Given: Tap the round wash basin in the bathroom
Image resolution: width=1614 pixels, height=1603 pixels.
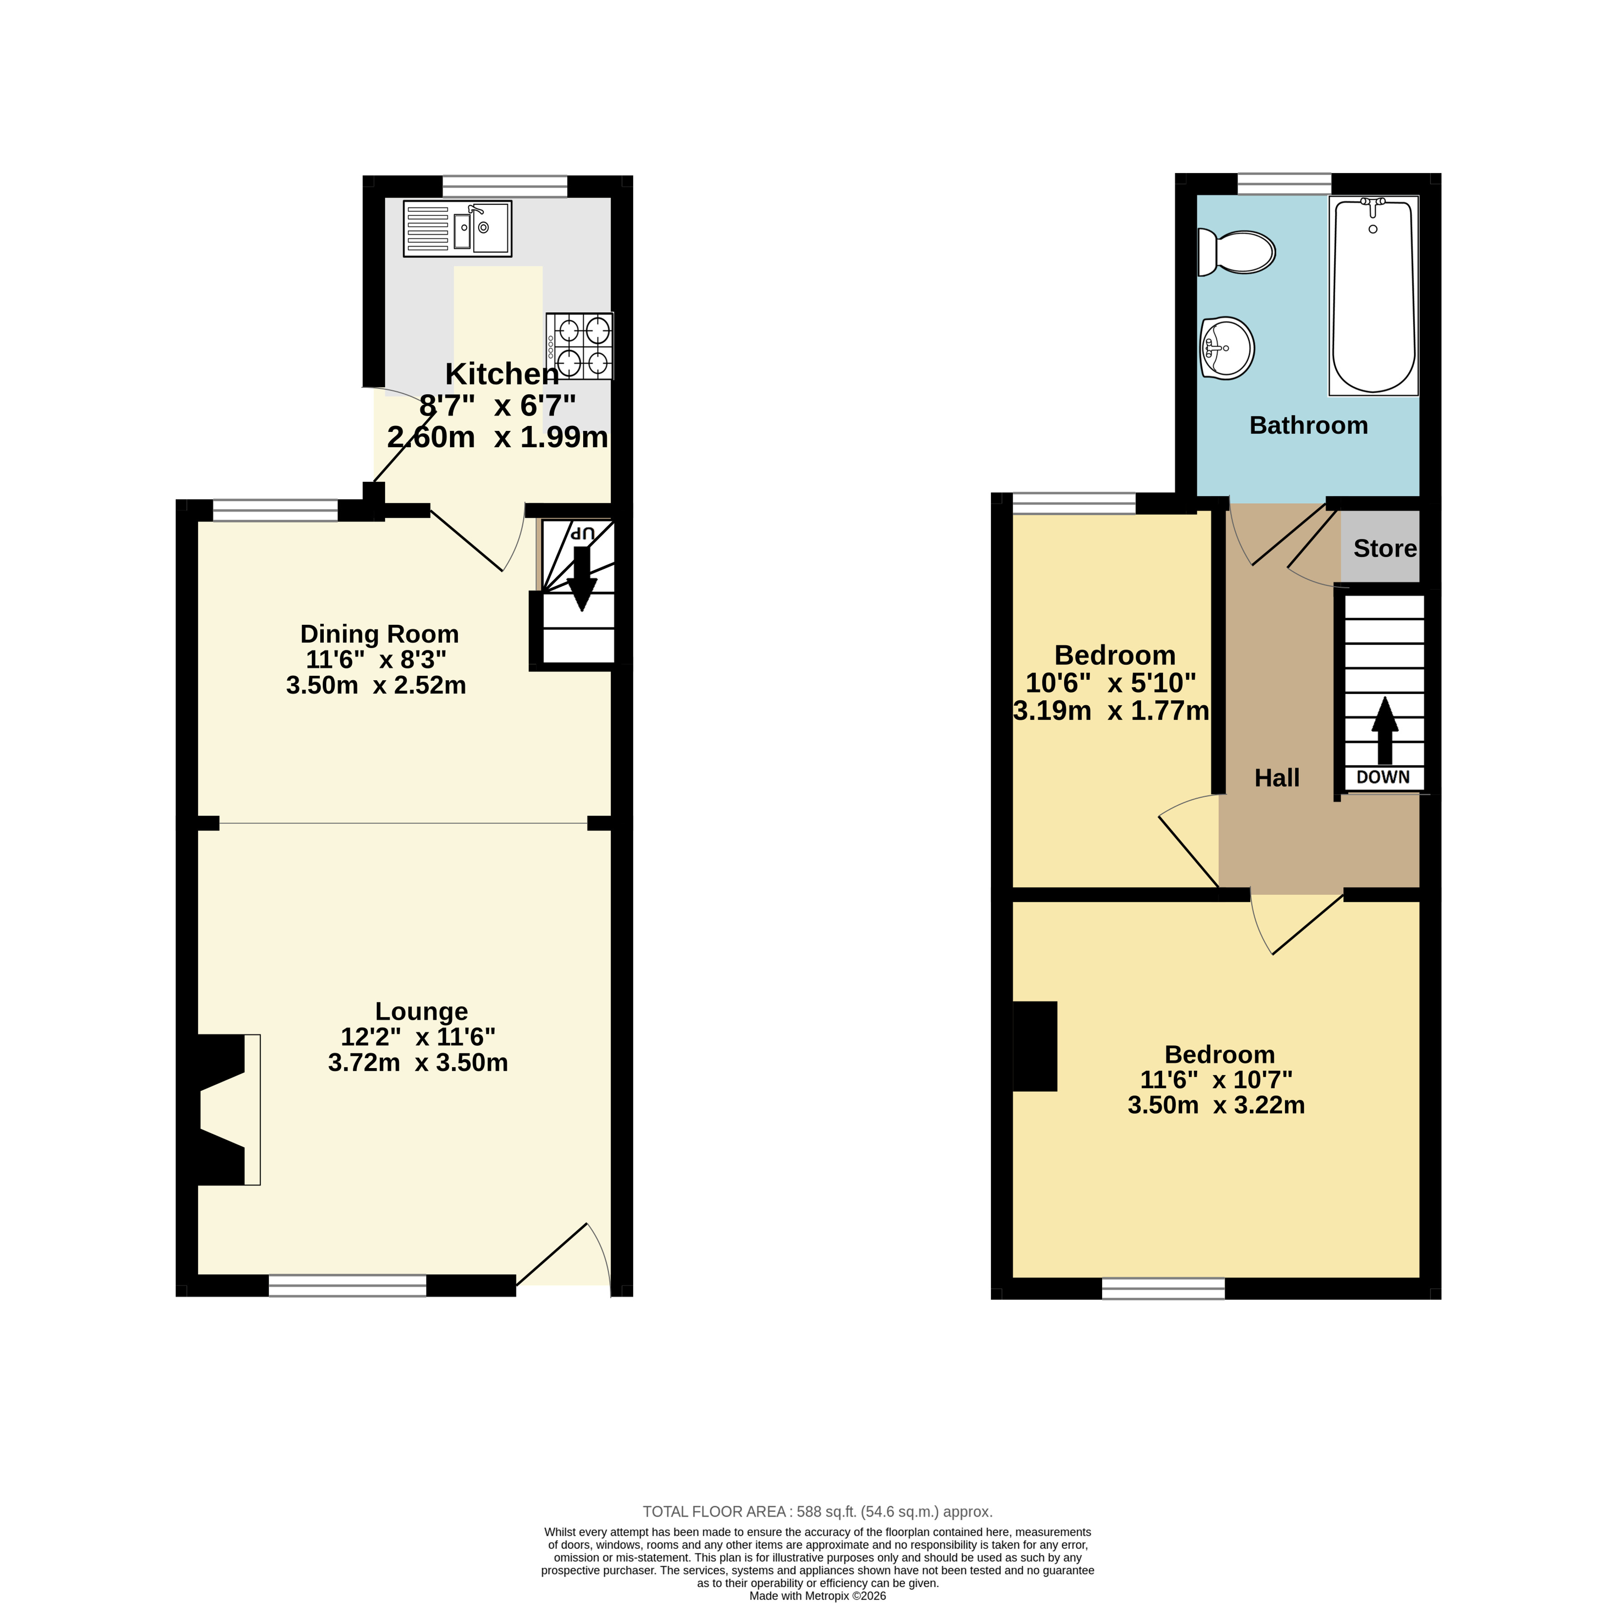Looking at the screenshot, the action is (x=1227, y=348).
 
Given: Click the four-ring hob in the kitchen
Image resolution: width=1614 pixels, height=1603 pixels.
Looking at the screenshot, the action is (x=580, y=346).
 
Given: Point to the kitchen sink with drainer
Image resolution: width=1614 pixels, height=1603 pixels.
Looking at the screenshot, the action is (x=457, y=228).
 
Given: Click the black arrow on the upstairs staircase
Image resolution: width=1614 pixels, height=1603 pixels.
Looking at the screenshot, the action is (x=1384, y=730).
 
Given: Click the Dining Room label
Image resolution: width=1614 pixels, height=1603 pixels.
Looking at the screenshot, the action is (x=379, y=634).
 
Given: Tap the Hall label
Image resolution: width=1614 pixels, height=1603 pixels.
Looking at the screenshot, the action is (x=1277, y=778).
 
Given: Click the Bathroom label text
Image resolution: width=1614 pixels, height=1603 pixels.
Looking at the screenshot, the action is (x=1308, y=425).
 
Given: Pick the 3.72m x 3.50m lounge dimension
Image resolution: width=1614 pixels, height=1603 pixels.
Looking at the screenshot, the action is (x=418, y=1063).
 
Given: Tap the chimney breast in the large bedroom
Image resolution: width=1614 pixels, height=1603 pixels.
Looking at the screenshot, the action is (x=1035, y=1046).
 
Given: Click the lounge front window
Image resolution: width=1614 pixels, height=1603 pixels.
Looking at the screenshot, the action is (x=347, y=1286).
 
